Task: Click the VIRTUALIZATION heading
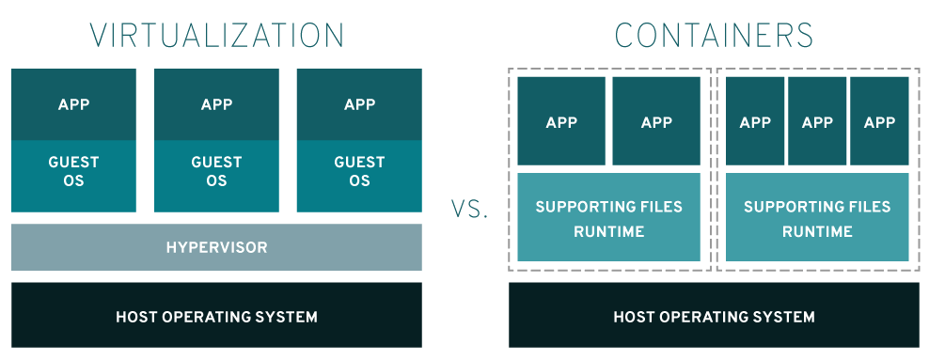pyautogui.click(x=217, y=36)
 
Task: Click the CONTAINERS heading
pyautogui.click(x=714, y=36)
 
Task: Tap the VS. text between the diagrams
pyautogui.click(x=469, y=209)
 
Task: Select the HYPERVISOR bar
pyautogui.click(x=217, y=247)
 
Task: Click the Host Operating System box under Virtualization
pyautogui.click(x=217, y=315)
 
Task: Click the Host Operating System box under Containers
pyautogui.click(x=714, y=315)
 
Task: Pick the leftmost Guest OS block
pyautogui.click(x=73, y=176)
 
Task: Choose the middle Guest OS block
pyautogui.click(x=216, y=176)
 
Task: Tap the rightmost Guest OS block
pyautogui.click(x=359, y=176)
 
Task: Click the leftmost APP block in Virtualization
pyautogui.click(x=73, y=104)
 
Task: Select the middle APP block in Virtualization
pyautogui.click(x=216, y=104)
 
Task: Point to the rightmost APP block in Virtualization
pyautogui.click(x=359, y=104)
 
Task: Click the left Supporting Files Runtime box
pyautogui.click(x=609, y=217)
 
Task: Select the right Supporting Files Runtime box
pyautogui.click(x=817, y=217)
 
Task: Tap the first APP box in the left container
pyautogui.click(x=561, y=121)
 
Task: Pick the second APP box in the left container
pyautogui.click(x=656, y=121)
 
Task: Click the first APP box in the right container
pyautogui.click(x=755, y=121)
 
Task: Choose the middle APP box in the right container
pyautogui.click(x=817, y=121)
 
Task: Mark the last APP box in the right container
pyautogui.click(x=879, y=121)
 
